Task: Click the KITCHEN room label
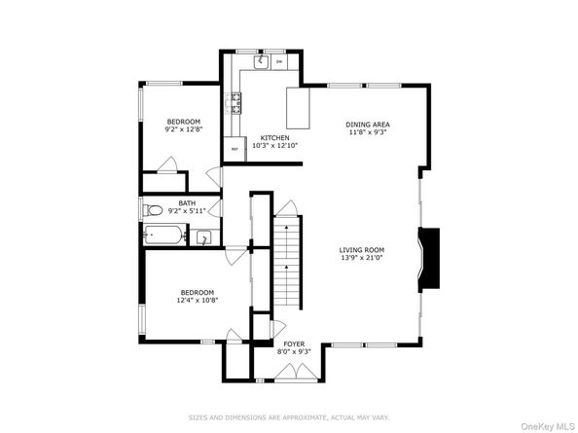274,137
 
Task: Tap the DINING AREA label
369,125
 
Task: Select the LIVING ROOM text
362,248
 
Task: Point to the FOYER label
293,343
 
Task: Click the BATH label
186,202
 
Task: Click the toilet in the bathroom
154,210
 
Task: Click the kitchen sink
260,62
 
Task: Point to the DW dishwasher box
279,62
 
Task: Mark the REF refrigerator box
235,150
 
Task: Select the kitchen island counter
299,107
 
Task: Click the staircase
287,263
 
